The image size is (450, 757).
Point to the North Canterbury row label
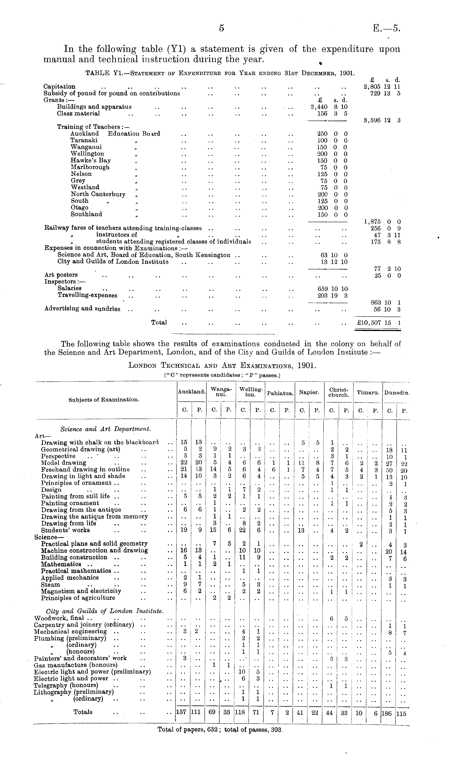[x=98, y=194]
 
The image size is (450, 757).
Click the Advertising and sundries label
[x=82, y=309]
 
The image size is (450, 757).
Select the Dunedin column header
[x=397, y=393]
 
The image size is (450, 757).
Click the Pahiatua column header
[x=280, y=393]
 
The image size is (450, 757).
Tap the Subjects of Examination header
[x=104, y=400]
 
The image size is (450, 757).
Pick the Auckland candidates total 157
[x=181, y=712]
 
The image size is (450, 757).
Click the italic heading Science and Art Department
[x=105, y=429]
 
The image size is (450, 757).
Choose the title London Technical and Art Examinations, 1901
[x=222, y=365]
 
